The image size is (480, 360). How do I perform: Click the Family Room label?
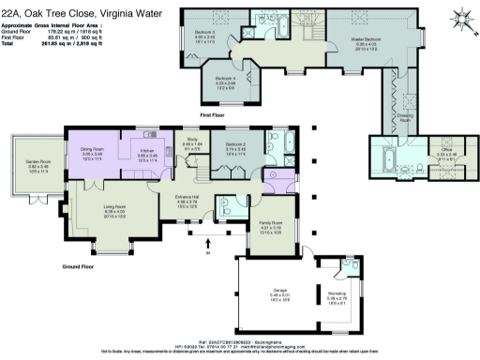click(270, 221)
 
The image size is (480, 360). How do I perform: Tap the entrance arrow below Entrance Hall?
click(207, 247)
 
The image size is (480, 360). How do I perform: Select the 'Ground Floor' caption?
click(82, 266)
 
